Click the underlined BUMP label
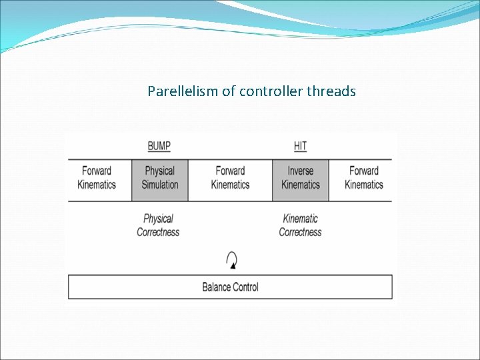(159, 146)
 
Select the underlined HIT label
(300, 146)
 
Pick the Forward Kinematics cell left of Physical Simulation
(97, 178)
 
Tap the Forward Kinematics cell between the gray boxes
(230, 178)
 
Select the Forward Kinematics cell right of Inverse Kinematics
(363, 178)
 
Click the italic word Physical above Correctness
(158, 219)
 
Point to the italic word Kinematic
(300, 219)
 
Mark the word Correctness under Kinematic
(300, 232)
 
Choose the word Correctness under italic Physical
(158, 232)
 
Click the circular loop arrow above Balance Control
(231, 259)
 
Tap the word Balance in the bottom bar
(217, 287)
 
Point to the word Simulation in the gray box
(160, 185)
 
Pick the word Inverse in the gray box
(300, 171)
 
